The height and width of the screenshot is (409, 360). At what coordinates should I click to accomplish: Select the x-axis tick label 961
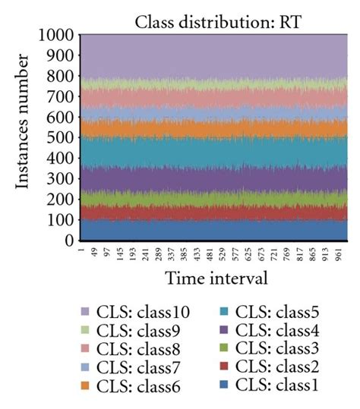[x=339, y=253]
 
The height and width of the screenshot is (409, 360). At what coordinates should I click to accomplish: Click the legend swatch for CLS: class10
[x=85, y=312]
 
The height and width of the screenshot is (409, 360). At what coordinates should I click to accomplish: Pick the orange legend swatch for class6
[x=85, y=387]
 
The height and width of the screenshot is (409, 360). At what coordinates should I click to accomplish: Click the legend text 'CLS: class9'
[x=141, y=331]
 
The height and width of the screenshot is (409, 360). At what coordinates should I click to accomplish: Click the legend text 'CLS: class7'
[x=141, y=368]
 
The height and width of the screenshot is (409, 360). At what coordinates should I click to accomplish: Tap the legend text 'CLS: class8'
[x=141, y=349]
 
